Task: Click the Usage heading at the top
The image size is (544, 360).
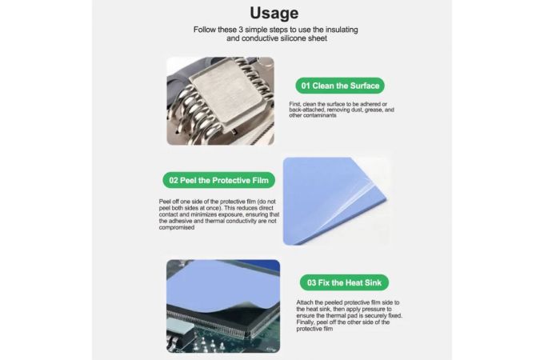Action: pos(274,13)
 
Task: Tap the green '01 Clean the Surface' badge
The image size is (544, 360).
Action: pos(340,86)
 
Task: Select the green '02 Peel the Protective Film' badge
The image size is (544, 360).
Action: pos(219,180)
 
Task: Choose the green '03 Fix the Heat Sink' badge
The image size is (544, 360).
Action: pos(344,282)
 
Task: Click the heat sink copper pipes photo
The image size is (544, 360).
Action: pos(220,101)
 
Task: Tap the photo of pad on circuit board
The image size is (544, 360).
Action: pos(223,306)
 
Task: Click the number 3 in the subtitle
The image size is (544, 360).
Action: pos(241,30)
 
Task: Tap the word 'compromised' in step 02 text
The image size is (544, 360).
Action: pos(177,227)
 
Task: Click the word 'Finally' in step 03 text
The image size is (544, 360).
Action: pos(306,322)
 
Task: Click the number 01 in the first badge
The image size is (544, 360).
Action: pos(306,86)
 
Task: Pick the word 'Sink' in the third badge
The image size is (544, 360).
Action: pos(373,282)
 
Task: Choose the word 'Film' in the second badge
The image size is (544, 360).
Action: pos(261,180)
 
